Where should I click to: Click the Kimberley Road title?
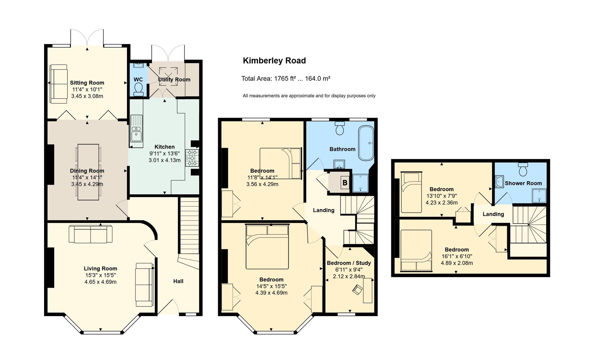[x=274, y=61]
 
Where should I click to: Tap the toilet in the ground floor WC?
[x=138, y=89]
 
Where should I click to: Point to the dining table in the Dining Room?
[x=88, y=172]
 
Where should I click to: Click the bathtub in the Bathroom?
[x=366, y=143]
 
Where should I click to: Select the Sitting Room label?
[x=87, y=83]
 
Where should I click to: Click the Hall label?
[x=178, y=281]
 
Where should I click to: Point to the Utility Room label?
[x=174, y=79]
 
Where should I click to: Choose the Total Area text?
[x=286, y=79]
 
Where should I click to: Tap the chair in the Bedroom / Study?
[x=358, y=290]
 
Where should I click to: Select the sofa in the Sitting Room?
[x=59, y=84]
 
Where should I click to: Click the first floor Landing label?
[x=323, y=210]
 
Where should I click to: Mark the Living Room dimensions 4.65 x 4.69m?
[x=100, y=282]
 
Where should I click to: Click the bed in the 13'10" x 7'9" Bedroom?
[x=412, y=192]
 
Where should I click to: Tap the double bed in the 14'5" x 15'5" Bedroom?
[x=267, y=247]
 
